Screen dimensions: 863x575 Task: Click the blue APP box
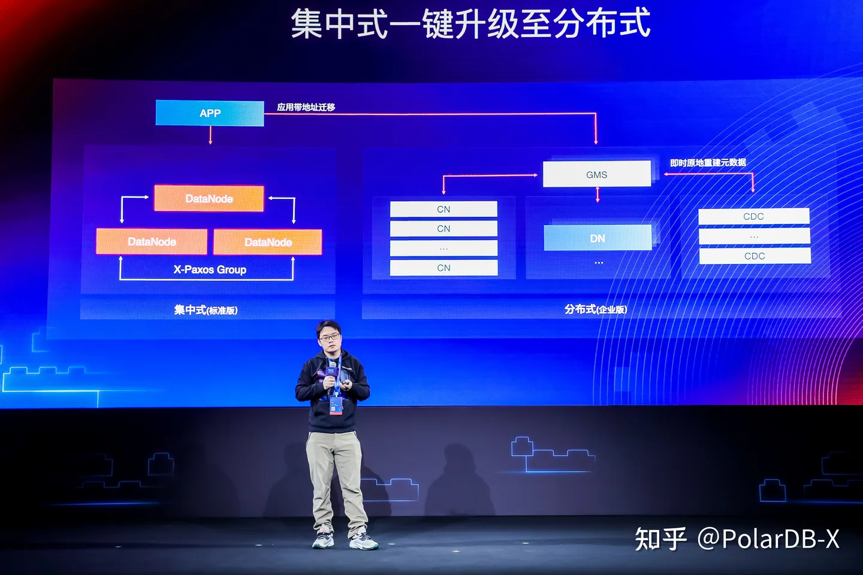click(x=210, y=113)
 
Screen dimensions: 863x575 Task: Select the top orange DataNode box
click(x=209, y=198)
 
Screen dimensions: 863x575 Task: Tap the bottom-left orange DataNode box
click(x=152, y=241)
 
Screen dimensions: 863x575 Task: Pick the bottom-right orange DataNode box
click(x=267, y=242)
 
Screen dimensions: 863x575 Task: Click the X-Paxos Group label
click(x=210, y=270)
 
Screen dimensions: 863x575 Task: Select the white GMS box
click(x=596, y=174)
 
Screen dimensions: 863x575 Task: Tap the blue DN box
click(x=597, y=238)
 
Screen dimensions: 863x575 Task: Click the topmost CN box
click(x=443, y=209)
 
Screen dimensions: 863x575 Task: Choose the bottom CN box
click(x=443, y=268)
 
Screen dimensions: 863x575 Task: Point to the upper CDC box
click(x=753, y=216)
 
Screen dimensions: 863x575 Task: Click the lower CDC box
click(x=755, y=256)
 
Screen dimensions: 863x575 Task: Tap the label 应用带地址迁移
click(x=306, y=107)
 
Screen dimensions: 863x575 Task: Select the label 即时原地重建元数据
click(x=708, y=162)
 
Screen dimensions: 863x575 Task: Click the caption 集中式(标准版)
click(x=206, y=310)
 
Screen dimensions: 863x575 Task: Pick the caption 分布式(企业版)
click(x=596, y=309)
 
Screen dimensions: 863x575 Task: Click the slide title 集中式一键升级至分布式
click(x=470, y=24)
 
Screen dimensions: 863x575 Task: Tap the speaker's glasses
click(x=329, y=338)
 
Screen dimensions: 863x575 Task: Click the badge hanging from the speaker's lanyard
click(x=336, y=405)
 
